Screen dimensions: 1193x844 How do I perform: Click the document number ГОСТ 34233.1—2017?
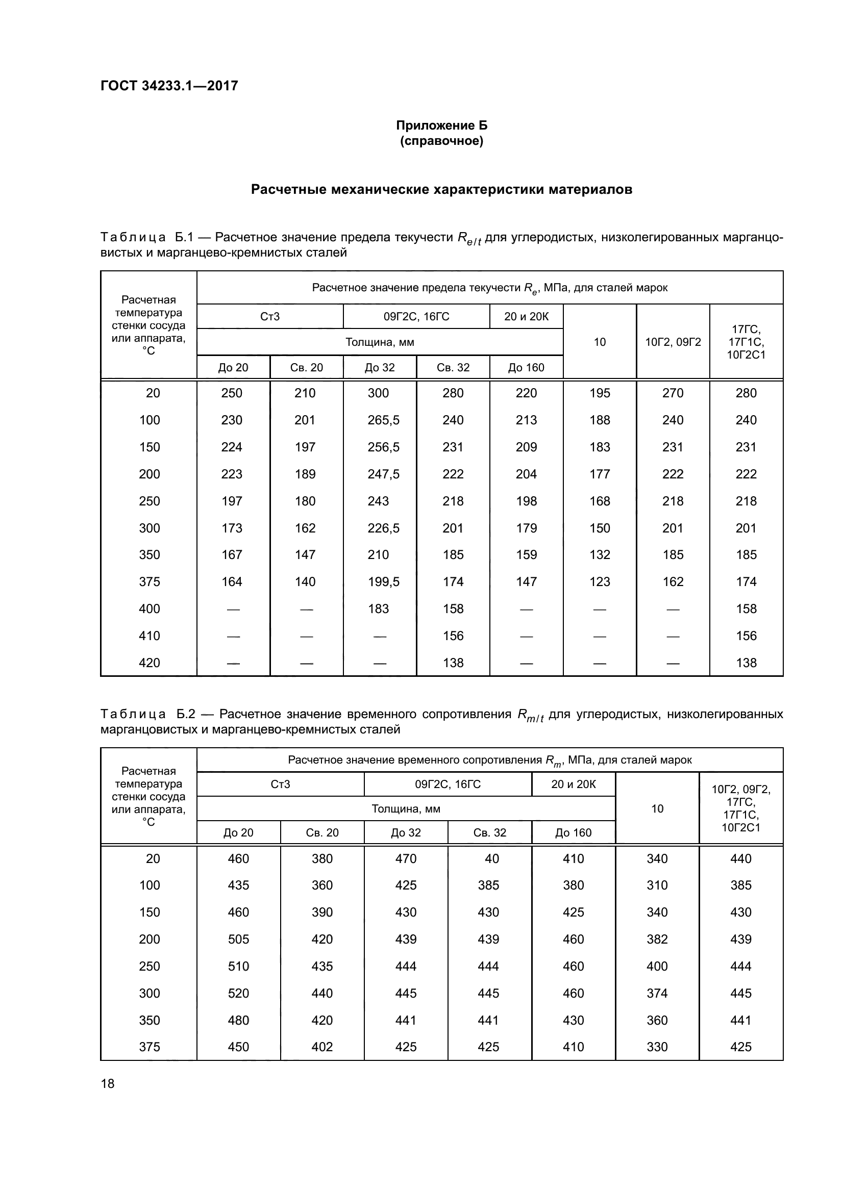click(x=169, y=86)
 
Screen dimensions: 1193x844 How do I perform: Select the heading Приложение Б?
click(x=441, y=125)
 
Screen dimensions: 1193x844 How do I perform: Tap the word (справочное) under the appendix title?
click(x=441, y=141)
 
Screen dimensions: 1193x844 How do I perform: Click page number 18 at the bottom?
click(x=108, y=1083)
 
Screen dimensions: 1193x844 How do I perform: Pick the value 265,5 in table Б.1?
click(x=384, y=420)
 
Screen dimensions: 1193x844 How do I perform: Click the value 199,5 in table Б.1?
click(x=384, y=581)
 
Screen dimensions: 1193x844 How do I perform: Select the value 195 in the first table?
click(x=599, y=393)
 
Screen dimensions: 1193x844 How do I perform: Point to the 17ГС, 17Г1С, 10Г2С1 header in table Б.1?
click(x=746, y=342)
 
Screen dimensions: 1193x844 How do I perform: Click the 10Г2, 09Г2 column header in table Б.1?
click(x=673, y=342)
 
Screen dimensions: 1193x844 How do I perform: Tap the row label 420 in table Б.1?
click(x=150, y=663)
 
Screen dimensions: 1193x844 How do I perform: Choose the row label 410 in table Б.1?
click(x=150, y=636)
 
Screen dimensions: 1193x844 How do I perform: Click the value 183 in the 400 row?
click(x=378, y=608)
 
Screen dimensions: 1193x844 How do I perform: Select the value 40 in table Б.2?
click(x=491, y=858)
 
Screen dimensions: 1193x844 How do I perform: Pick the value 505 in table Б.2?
click(x=238, y=940)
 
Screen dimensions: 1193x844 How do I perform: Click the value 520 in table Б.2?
click(x=238, y=994)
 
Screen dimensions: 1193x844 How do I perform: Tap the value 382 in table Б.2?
click(x=657, y=940)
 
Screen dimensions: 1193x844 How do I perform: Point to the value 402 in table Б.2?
click(x=321, y=1047)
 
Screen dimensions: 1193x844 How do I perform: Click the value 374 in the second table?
click(x=657, y=994)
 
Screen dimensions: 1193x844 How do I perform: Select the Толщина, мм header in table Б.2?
click(x=406, y=809)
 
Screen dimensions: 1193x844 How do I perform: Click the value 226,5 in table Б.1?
click(x=384, y=528)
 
